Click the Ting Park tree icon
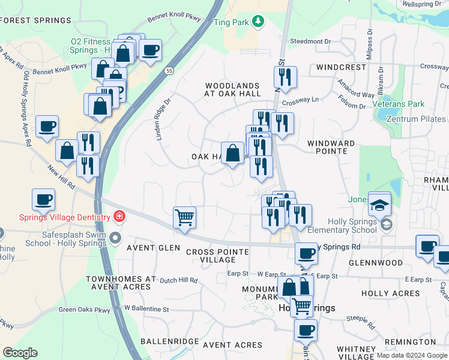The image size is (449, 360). tap(258, 22)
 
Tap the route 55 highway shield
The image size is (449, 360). tap(170, 71)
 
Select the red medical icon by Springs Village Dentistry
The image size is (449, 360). tap(119, 217)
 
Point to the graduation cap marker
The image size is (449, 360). tap(379, 205)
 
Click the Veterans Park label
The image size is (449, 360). tap(398, 104)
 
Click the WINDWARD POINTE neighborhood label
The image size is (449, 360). tap(331, 147)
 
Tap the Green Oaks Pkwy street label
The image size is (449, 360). tap(85, 310)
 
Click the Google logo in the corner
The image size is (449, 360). tap(20, 353)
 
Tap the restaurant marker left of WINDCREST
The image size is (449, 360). tap(285, 77)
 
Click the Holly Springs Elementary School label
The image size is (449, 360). tap(342, 226)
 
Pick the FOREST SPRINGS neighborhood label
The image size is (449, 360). tap(36, 20)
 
